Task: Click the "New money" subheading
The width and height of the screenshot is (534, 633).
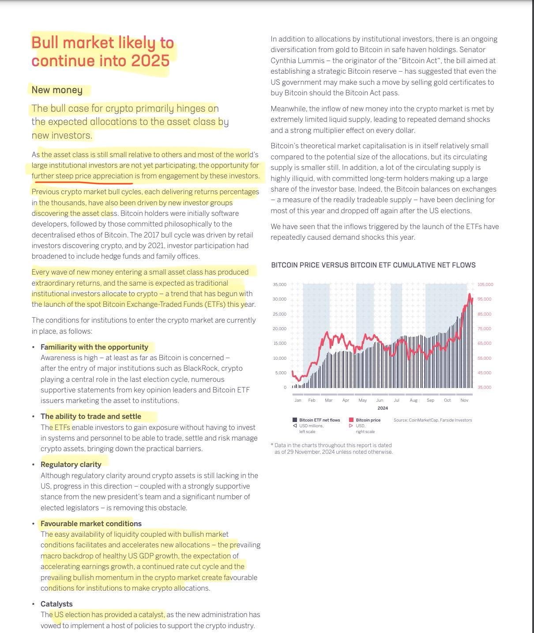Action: point(57,90)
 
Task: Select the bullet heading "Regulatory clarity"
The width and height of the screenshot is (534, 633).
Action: point(71,464)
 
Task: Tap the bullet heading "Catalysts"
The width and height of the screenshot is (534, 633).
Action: point(56,604)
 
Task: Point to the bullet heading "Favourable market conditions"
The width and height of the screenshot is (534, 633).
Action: point(91,524)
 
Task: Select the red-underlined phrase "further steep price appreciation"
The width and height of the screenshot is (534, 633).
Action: point(82,176)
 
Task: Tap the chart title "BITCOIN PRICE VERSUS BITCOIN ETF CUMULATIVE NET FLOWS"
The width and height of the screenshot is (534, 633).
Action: point(373,265)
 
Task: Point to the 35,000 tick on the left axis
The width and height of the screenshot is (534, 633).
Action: point(280,285)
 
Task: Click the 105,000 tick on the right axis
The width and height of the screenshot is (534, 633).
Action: point(485,285)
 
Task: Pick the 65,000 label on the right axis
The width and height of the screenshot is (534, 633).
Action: point(484,343)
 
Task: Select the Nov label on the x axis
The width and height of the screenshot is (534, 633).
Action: point(464,400)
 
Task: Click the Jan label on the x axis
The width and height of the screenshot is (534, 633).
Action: point(298,400)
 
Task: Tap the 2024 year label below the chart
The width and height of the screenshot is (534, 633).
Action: point(383,408)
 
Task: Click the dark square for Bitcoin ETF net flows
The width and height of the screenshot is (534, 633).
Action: point(295,420)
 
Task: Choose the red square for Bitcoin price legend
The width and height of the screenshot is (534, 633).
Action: point(351,420)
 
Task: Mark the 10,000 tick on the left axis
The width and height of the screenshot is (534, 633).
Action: point(280,358)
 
